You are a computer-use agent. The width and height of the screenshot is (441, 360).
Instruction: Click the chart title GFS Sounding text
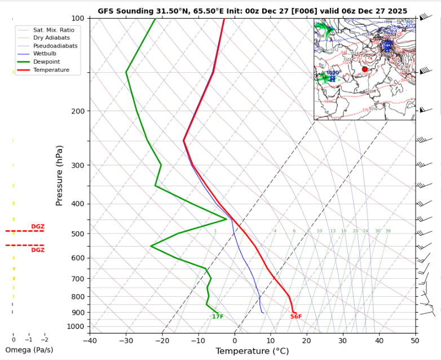252,11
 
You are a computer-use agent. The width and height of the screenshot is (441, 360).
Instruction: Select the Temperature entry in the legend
51,70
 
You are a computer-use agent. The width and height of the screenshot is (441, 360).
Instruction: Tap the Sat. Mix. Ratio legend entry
54,29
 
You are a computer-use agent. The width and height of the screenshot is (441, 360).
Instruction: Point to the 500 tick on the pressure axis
77,234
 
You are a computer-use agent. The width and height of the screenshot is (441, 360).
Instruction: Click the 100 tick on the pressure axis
77,19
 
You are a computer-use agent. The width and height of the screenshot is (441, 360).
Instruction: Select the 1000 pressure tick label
76,327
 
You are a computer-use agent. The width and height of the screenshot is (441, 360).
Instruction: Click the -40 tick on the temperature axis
90,340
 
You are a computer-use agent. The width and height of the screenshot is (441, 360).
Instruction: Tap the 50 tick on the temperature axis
415,340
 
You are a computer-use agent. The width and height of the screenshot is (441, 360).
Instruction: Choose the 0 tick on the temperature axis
234,340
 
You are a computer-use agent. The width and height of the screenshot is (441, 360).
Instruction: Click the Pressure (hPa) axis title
59,175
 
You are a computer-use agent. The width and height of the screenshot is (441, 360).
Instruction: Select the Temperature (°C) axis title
252,351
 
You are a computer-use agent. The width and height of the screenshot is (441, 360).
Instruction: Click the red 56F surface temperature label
296,317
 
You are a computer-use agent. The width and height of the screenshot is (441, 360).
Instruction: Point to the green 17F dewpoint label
218,317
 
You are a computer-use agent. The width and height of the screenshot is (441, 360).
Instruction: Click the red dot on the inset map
364,69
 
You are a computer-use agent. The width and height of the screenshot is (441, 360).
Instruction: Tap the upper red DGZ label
38,227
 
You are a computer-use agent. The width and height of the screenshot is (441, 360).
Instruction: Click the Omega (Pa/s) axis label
28,350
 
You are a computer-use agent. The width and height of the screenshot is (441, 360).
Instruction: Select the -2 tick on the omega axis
45,340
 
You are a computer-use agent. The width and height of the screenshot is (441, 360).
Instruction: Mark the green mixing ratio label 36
388,231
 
